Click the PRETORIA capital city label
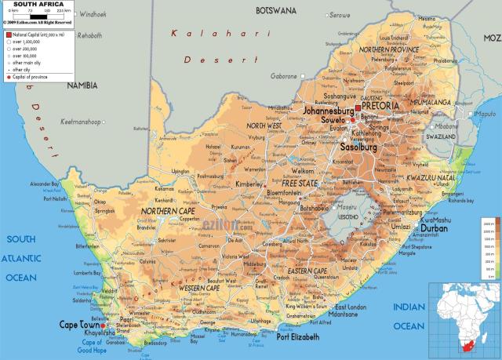(381, 105)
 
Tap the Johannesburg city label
(329, 111)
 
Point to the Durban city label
(435, 228)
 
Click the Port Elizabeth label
(299, 336)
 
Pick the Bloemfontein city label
(285, 192)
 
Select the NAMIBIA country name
(82, 85)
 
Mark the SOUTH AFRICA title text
(38, 4)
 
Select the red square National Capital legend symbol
(9, 36)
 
